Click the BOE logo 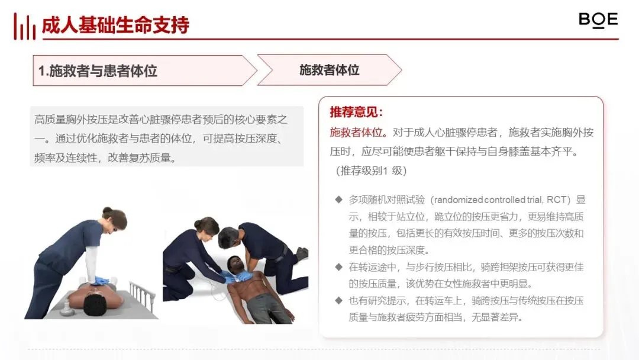click(x=598, y=20)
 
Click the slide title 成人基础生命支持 click(x=116, y=25)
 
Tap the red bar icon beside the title click(x=24, y=27)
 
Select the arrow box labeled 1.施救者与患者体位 click(x=145, y=70)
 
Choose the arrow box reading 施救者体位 click(x=330, y=70)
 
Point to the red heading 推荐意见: click(x=357, y=112)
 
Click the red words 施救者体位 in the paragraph click(x=356, y=133)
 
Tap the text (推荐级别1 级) click(x=371, y=171)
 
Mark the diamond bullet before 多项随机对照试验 click(x=338, y=200)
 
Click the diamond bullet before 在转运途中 click(x=338, y=267)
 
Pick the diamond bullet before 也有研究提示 click(x=338, y=300)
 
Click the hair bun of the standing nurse click(x=107, y=211)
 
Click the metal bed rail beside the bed click(x=142, y=295)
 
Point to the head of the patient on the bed click(x=96, y=304)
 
